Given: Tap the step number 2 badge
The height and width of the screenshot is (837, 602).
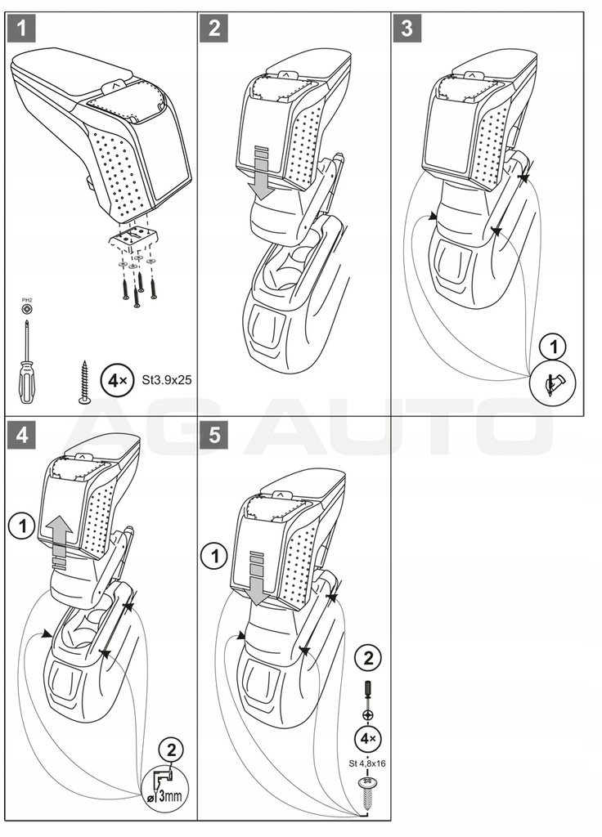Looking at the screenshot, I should pos(215,29).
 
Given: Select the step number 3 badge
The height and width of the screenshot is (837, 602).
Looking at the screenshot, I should pos(407,29).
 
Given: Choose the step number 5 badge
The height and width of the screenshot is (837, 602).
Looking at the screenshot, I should pos(215,436).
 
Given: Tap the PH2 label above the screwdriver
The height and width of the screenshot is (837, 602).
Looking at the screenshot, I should pos(26,302).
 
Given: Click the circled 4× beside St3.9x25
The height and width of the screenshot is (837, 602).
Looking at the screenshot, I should pos(115,381).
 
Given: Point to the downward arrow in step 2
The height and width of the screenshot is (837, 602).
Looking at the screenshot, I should pos(262,172).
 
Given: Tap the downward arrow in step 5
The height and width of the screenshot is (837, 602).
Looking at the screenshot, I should pos(258,576).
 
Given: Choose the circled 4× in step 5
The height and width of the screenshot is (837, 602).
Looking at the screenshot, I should pos(366,740).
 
